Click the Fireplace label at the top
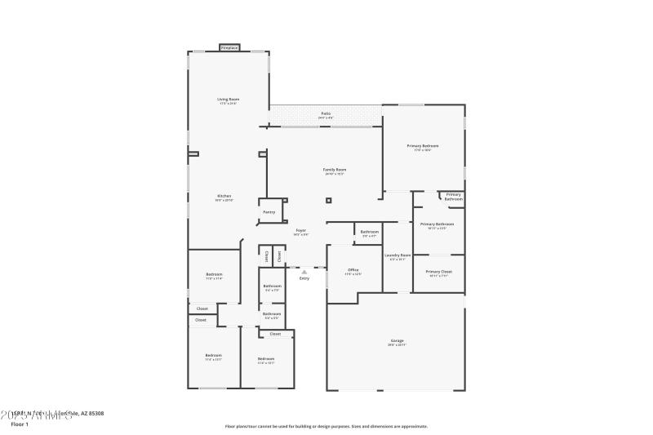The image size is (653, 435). coord(229,48)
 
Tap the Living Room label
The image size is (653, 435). coord(229,100)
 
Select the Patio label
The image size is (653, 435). coord(325,113)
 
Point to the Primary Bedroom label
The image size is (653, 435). coord(424,145)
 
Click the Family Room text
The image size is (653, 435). coord(335,169)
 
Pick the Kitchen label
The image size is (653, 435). coord(224,196)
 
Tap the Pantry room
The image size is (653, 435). coord(269,212)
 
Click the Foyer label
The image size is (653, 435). coord(300,231)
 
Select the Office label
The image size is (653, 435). coord(353,269)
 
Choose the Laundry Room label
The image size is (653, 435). coord(398,255)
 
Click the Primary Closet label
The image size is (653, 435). coord(438,272)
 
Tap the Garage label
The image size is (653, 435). coord(397,340)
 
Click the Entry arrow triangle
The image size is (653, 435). coord(304,272)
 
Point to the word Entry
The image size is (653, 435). coord(304,278)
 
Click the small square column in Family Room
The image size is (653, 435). coord(329,200)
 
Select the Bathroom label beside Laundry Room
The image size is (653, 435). coord(370,232)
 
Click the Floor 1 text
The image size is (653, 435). coord(20,424)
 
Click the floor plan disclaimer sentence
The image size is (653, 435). coord(326,426)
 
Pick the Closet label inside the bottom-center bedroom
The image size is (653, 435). coord(275,334)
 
